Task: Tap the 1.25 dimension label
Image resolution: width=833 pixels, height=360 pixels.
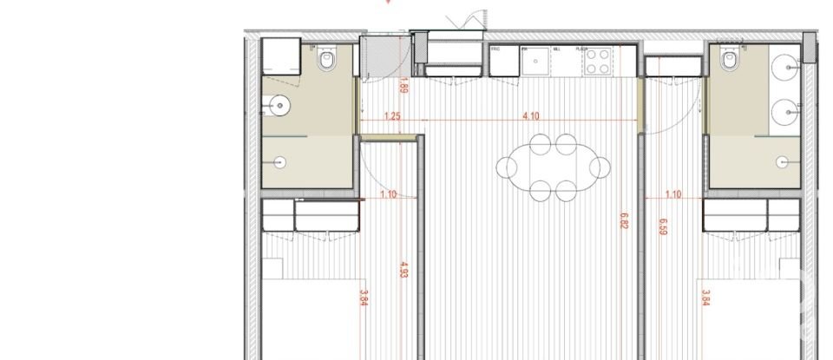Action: point(391,116)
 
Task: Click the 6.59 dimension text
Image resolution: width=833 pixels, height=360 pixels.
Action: point(663,226)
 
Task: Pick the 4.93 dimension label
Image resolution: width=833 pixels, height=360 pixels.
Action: point(403,271)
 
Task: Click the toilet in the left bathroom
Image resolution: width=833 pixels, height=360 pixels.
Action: point(328,61)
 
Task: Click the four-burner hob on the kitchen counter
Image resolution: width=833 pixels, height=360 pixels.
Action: point(597,62)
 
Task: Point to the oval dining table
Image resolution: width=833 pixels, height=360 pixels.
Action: point(552,165)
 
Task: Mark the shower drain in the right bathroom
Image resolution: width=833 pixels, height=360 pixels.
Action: point(784,160)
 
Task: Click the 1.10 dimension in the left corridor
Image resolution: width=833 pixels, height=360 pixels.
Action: point(388,194)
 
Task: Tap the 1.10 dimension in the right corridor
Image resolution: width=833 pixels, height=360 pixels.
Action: point(672,194)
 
